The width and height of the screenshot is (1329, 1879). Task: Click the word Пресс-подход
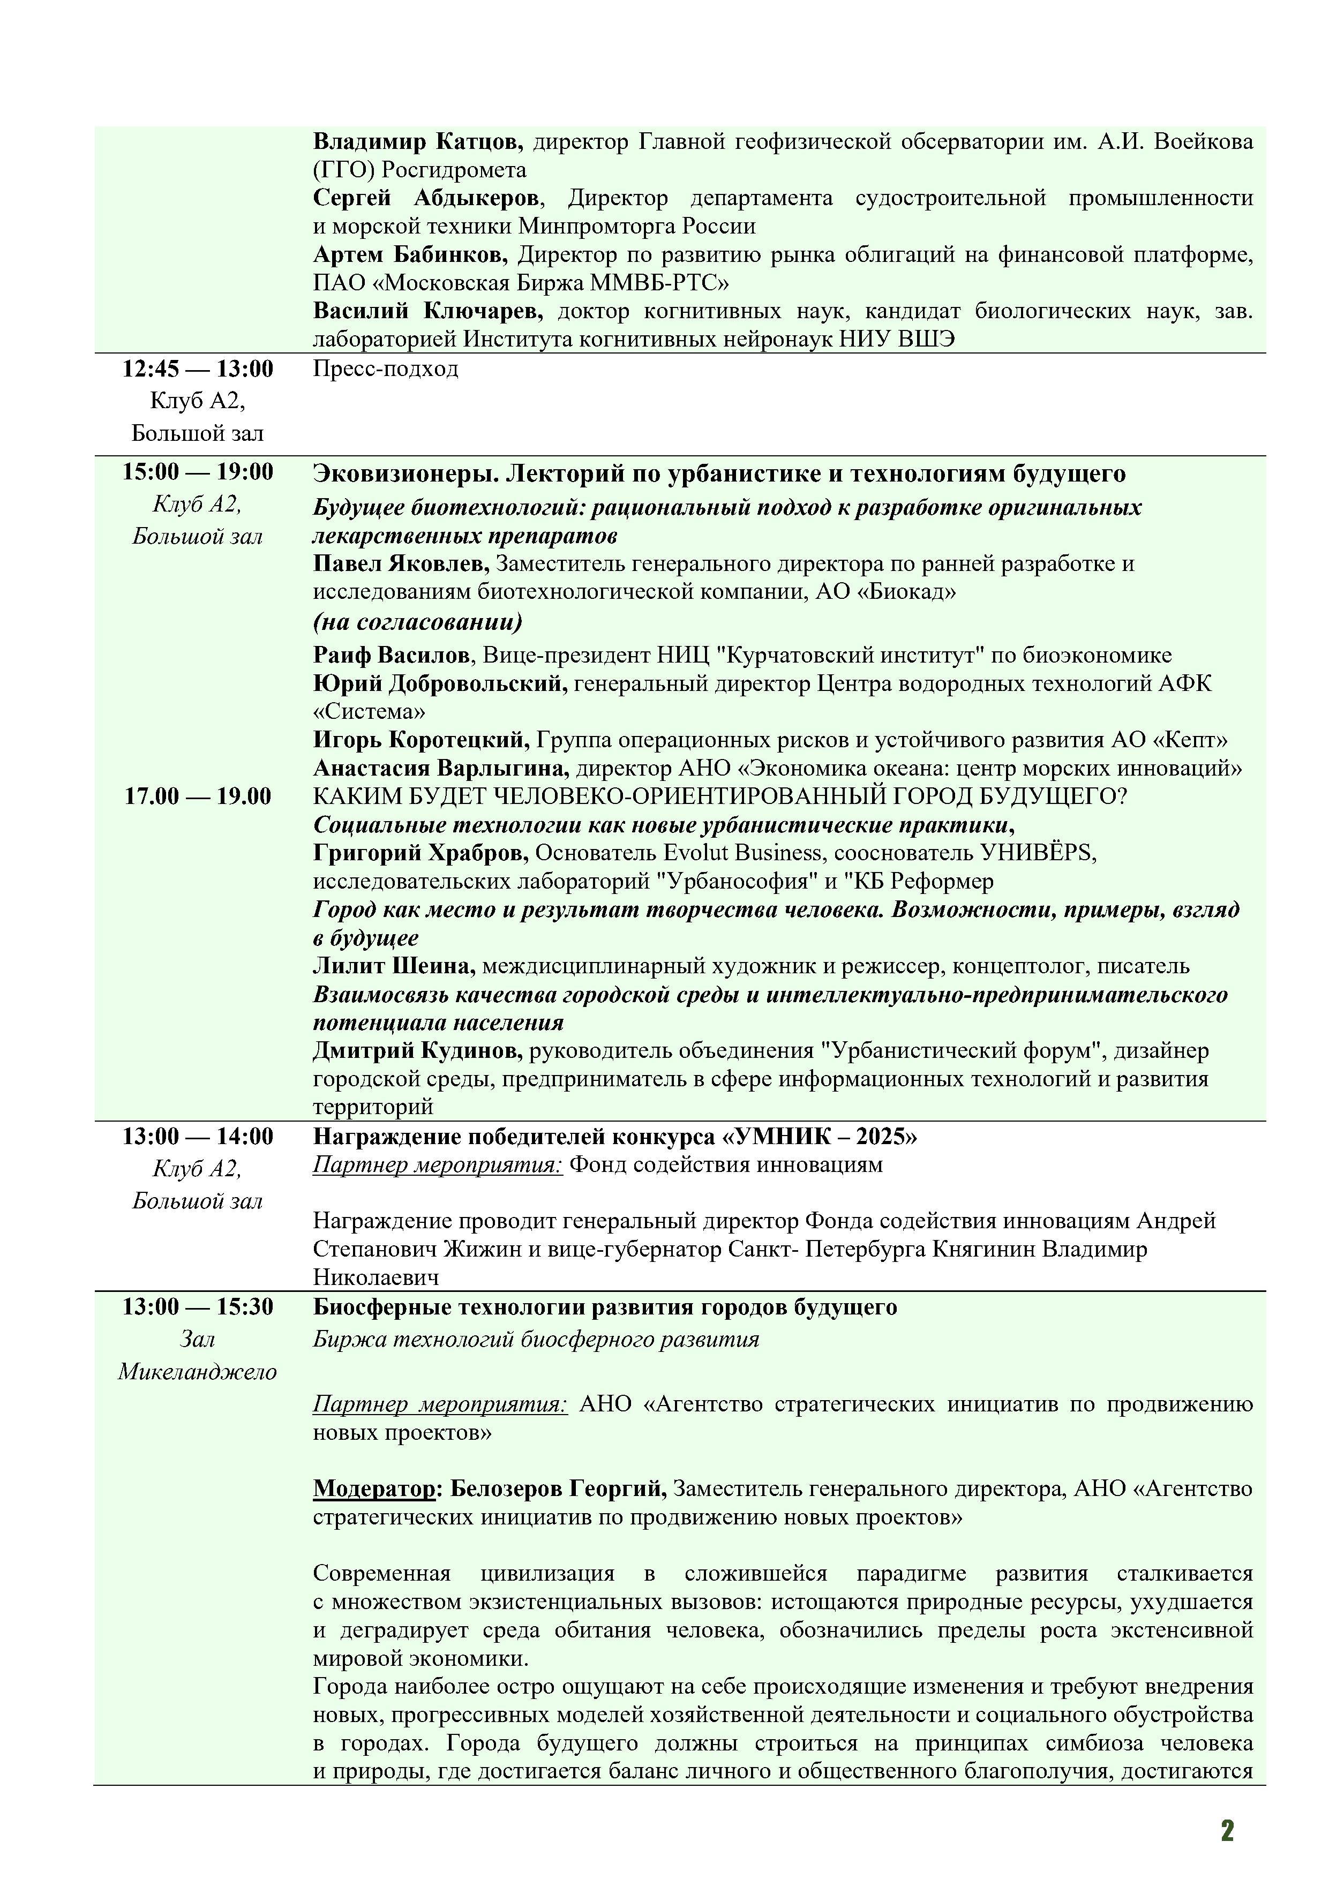coord(386,369)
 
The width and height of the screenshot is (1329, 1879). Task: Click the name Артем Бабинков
coord(410,255)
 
